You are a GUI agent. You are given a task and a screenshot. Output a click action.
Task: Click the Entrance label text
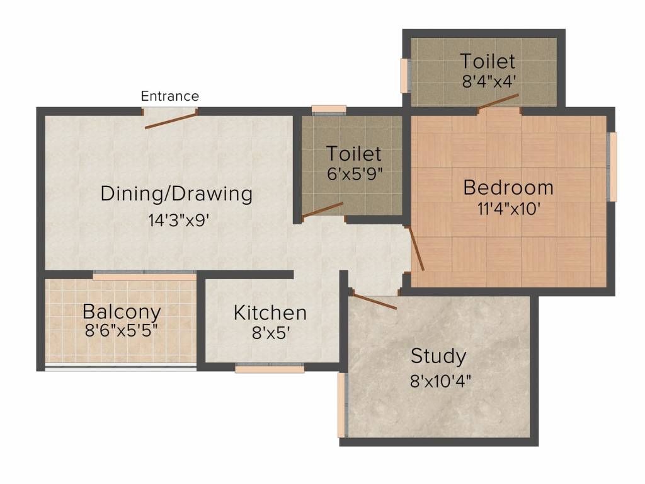tap(169, 96)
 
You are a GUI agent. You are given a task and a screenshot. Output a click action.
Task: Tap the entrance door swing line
tap(171, 120)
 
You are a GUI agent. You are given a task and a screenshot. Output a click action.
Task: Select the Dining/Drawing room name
tap(176, 193)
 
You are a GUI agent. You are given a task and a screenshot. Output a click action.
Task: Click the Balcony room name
tap(122, 311)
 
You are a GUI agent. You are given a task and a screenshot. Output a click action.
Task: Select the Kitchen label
tap(270, 313)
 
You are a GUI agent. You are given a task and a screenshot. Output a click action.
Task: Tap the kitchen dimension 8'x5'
tap(270, 333)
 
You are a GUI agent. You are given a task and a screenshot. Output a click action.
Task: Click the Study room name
tap(438, 356)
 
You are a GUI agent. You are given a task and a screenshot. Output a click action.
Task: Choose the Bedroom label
tap(508, 187)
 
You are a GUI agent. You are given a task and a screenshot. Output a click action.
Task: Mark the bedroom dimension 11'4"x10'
tap(509, 209)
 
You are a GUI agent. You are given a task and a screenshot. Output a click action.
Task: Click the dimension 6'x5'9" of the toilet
tap(355, 174)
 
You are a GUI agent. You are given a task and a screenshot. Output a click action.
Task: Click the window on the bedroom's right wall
tap(612, 167)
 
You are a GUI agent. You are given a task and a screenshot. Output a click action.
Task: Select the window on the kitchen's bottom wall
tap(270, 369)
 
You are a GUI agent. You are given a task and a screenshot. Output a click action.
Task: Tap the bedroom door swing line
tap(417, 249)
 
